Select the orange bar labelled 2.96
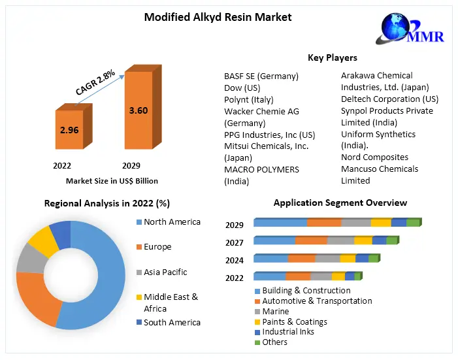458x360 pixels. (69, 130)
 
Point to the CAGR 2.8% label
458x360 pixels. (95, 83)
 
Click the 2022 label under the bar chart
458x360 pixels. (62, 166)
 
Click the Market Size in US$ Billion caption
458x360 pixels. (112, 181)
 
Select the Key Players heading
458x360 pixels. (332, 58)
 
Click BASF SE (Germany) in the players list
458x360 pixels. (261, 76)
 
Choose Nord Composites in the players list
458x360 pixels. (374, 157)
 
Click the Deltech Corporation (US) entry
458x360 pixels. (389, 99)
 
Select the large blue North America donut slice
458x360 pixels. (98, 274)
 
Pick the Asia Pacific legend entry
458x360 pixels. (165, 272)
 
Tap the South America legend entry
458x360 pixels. (172, 322)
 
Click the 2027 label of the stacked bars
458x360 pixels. (235, 242)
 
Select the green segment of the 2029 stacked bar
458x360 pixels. (413, 223)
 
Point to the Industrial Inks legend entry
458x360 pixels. (287, 332)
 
